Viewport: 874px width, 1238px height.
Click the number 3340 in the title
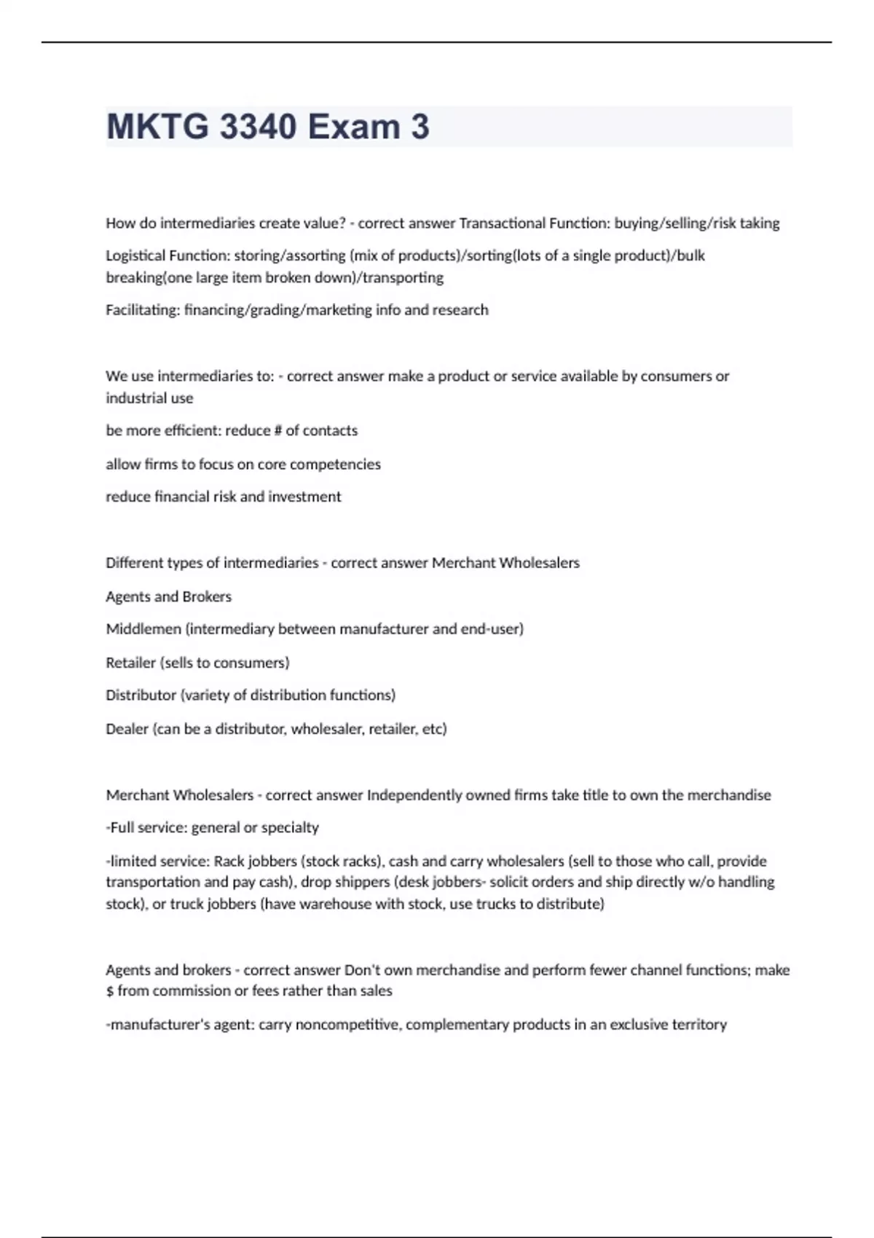258,127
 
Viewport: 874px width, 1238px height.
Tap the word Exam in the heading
353,127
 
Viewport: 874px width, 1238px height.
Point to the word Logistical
135,256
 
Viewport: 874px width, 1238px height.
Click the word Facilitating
143,310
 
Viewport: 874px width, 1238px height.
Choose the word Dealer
127,729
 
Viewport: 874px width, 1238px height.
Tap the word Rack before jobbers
229,862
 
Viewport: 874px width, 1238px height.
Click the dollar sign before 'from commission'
110,991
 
